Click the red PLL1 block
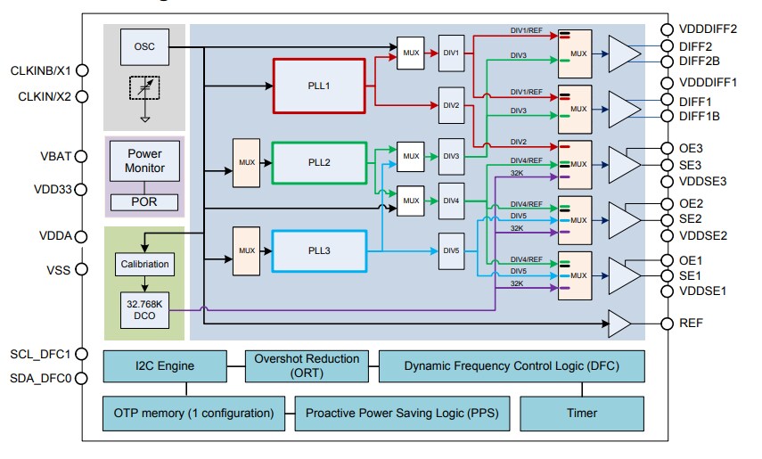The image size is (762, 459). click(x=319, y=86)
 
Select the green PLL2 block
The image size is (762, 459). click(x=319, y=162)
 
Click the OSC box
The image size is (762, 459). click(x=144, y=46)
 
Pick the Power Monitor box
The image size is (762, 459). click(x=144, y=160)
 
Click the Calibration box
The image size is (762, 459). click(x=144, y=265)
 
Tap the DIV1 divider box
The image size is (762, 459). click(x=451, y=53)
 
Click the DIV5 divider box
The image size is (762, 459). click(x=451, y=251)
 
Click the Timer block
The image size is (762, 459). click(x=581, y=413)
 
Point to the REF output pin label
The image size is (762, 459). click(x=692, y=323)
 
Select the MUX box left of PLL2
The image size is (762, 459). click(x=246, y=163)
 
